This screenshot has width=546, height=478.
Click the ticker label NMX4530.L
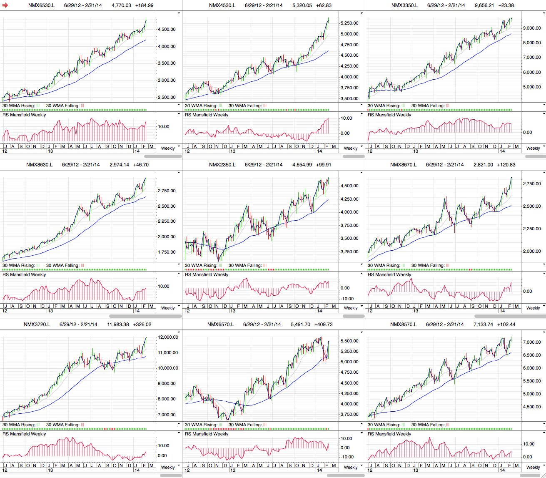tap(222, 5)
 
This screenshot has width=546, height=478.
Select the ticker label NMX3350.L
tap(404, 5)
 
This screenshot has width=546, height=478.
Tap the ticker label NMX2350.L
tap(222, 165)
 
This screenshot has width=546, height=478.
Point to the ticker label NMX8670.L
tap(403, 165)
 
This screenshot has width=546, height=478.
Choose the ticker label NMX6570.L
tap(220, 325)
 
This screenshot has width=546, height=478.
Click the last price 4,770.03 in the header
tap(121, 5)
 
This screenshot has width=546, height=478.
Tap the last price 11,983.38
tap(118, 325)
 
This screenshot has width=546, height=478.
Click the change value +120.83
tap(506, 165)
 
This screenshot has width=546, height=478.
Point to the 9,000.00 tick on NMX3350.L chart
tap(532, 28)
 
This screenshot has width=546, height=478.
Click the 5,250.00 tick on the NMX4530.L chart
tap(349, 23)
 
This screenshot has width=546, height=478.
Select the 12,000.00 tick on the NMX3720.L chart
tap(167, 337)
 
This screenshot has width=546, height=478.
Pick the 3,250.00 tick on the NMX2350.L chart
tap(349, 252)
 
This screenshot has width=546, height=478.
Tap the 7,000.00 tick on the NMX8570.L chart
tap(532, 342)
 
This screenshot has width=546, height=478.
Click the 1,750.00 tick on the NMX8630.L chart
tap(166, 252)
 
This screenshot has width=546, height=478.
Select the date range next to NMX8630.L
tap(81, 165)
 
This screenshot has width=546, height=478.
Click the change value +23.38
tap(506, 5)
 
